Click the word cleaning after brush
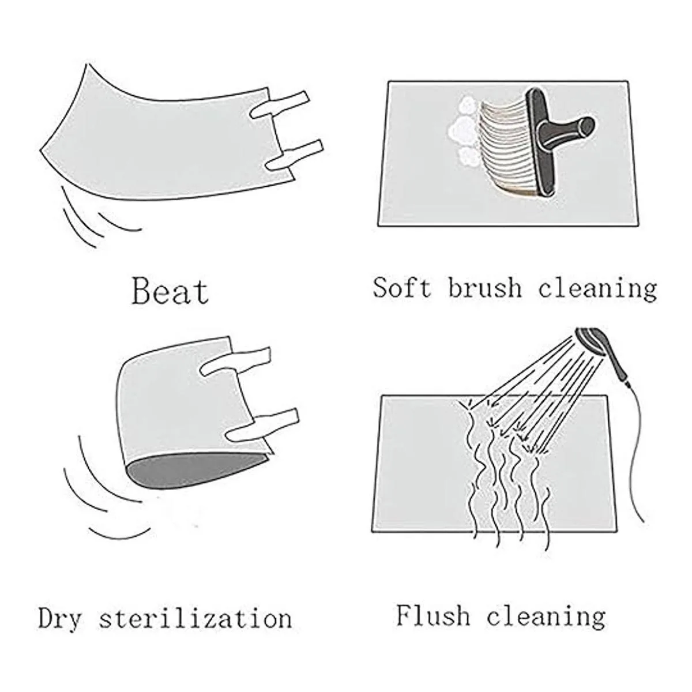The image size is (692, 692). (x=597, y=290)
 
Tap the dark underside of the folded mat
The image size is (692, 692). (x=195, y=471)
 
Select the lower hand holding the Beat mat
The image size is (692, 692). (x=295, y=155)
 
